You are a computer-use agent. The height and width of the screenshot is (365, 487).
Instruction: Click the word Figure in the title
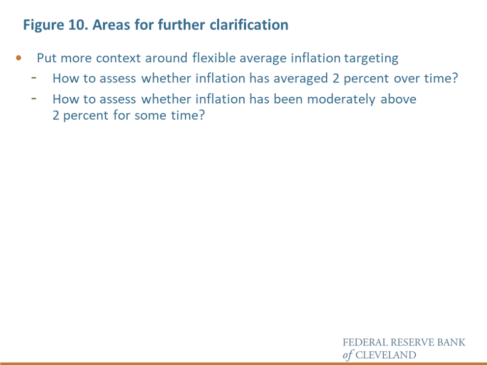pyautogui.click(x=44, y=26)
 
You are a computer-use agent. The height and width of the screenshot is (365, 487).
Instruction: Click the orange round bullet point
pyautogui.click(x=19, y=58)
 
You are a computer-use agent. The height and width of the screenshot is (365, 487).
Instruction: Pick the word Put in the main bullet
pyautogui.click(x=47, y=58)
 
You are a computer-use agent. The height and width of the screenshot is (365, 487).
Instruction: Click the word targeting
pyautogui.click(x=371, y=58)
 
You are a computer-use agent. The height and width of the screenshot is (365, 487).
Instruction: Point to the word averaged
pyautogui.click(x=300, y=79)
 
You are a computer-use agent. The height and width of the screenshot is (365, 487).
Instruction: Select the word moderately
pyautogui.click(x=341, y=100)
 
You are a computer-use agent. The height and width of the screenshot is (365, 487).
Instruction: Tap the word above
pyautogui.click(x=398, y=99)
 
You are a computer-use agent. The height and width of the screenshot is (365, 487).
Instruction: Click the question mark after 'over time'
pyautogui.click(x=455, y=78)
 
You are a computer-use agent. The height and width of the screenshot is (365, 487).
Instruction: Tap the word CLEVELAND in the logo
pyautogui.click(x=386, y=355)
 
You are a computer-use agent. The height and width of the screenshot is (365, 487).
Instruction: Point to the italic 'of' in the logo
pyautogui.click(x=348, y=355)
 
